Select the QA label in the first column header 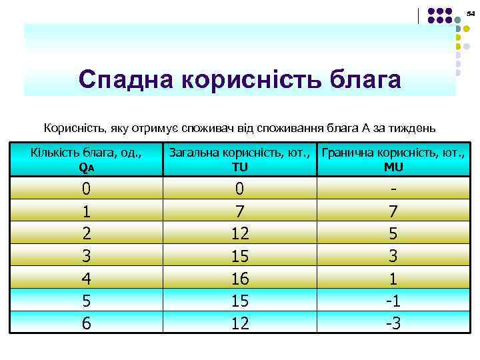[86, 168]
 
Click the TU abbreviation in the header [239, 168]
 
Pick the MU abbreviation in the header [393, 168]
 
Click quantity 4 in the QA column [86, 278]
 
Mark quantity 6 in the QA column [86, 323]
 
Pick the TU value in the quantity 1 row [239, 211]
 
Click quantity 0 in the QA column [86, 189]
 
